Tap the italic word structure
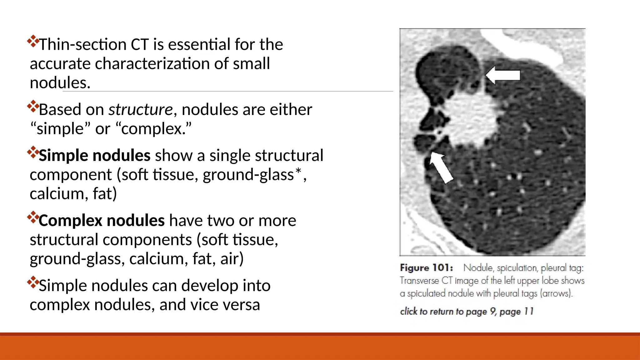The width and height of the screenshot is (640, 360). coord(140,109)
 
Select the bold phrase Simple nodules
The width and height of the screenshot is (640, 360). coord(94,155)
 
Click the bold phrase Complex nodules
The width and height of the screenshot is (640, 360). coord(102,220)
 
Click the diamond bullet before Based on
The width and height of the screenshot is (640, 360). coord(33,106)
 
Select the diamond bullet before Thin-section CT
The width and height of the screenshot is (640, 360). coord(33,41)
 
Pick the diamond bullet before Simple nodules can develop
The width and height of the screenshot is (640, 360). coord(33,282)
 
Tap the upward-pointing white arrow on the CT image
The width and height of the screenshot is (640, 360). coord(441,167)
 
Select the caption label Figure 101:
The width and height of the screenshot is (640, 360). coord(426,268)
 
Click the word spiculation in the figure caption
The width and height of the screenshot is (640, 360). coord(517,268)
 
